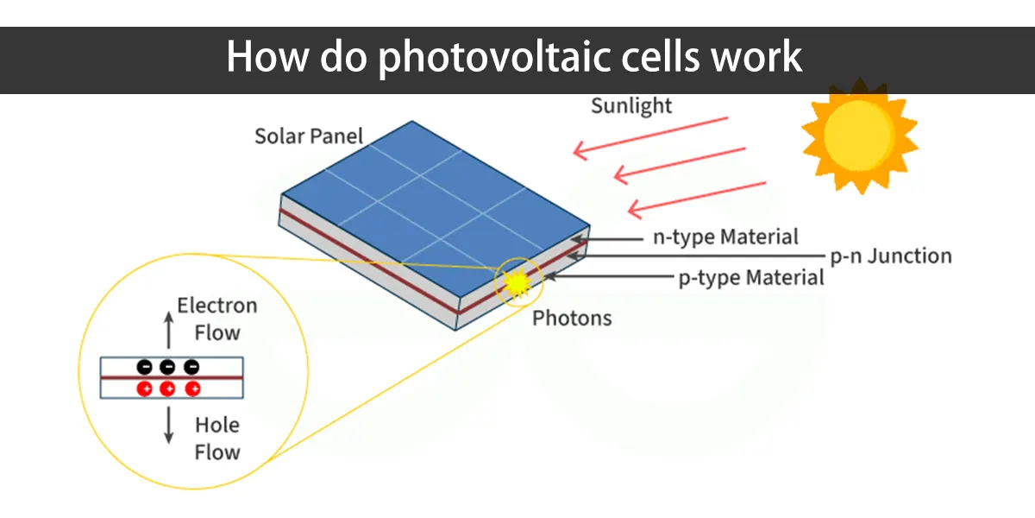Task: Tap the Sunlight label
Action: [x=631, y=106]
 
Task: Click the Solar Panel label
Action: [x=309, y=136]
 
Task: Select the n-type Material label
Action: [x=725, y=237]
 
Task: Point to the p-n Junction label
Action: [x=891, y=256]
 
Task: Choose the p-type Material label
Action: [x=751, y=278]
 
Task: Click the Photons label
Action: [x=572, y=319]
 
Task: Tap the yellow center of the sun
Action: [x=858, y=135]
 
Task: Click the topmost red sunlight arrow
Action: [x=650, y=139]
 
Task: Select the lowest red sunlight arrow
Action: [x=697, y=200]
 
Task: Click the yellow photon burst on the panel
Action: [x=517, y=282]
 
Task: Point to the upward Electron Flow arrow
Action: [x=169, y=330]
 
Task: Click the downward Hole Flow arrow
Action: [x=169, y=425]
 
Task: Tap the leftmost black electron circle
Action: [x=145, y=367]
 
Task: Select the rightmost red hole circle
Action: [x=192, y=389]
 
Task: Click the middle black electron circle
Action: [x=167, y=367]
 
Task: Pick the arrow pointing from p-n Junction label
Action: [x=696, y=256]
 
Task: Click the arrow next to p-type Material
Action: [x=609, y=276]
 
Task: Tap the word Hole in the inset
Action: [x=217, y=425]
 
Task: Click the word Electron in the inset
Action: [x=217, y=306]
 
